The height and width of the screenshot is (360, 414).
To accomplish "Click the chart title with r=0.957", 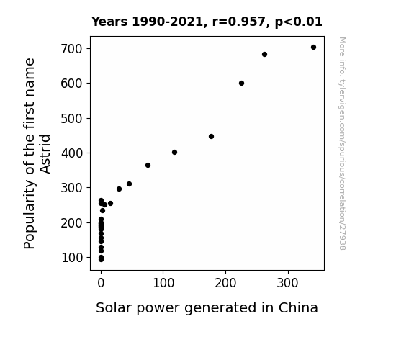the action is click(x=207, y=22).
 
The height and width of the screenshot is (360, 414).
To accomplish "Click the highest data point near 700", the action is click(x=313, y=48).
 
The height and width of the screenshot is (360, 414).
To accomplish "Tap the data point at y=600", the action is click(x=241, y=84).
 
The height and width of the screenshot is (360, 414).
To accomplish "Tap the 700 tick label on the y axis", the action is click(x=72, y=49).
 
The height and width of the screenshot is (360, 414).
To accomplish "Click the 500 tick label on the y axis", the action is click(x=72, y=118).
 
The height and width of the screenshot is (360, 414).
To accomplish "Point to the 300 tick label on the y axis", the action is click(x=72, y=188).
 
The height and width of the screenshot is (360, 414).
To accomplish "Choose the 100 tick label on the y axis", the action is click(x=72, y=258).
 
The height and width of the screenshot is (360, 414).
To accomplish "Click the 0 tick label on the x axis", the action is click(x=101, y=283).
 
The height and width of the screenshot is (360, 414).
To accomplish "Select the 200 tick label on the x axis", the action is click(x=225, y=283).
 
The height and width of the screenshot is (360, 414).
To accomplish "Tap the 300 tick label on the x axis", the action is click(x=288, y=283).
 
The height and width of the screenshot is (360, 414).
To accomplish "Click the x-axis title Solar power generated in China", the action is click(x=207, y=308).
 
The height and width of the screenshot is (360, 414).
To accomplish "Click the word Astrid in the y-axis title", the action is click(x=45, y=154).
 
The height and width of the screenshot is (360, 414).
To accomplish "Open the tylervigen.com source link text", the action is click(x=342, y=143).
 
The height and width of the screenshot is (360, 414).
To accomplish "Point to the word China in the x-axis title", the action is click(x=298, y=307).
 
